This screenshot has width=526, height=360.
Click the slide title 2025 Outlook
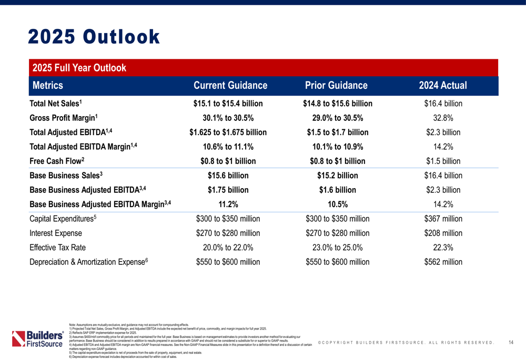93,37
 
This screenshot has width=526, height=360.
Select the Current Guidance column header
230,86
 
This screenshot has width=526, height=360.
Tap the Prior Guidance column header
336,86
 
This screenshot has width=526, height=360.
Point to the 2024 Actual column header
443,86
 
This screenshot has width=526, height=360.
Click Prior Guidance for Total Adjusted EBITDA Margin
337,147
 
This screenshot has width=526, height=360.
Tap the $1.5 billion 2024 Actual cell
443,161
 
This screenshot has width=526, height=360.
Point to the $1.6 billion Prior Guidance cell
337,190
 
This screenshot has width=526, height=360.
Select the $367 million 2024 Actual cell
443,219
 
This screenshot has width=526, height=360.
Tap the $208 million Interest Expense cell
443,233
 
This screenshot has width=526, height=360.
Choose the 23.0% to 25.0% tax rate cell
337,248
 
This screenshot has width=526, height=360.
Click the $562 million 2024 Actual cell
443,262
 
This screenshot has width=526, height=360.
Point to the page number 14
511,343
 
